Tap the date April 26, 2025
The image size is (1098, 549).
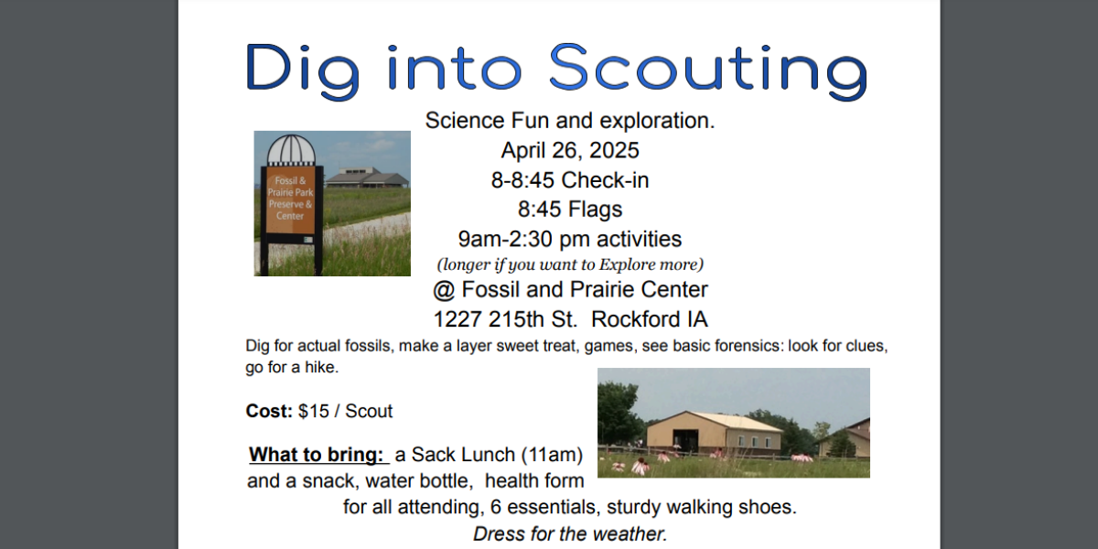[x=569, y=150]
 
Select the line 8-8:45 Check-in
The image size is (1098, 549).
[x=569, y=180]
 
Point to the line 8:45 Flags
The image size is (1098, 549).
[x=569, y=210]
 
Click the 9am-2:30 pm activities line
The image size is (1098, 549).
[x=569, y=239]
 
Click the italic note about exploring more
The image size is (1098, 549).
[x=569, y=264]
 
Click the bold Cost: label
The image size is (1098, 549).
[x=269, y=411]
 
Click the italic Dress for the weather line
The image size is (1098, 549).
[x=569, y=533]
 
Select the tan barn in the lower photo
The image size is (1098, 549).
[x=714, y=434]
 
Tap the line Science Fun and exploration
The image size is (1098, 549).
[x=569, y=121]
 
